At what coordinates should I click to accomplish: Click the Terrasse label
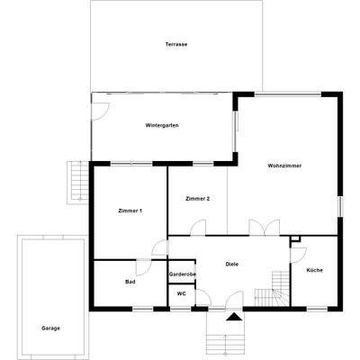[x=175, y=44]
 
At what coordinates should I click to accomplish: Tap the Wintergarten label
[x=162, y=125]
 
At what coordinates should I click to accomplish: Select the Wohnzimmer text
[x=283, y=166]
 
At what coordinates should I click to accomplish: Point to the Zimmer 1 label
[x=130, y=210]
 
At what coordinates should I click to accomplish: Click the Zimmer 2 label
[x=197, y=198]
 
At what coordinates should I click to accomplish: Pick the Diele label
[x=231, y=264]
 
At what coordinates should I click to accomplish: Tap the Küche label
[x=314, y=270]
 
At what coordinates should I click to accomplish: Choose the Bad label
[x=130, y=282]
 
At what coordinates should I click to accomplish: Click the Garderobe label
[x=183, y=274]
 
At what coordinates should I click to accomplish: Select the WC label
[x=181, y=293]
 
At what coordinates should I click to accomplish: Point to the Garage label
[x=50, y=328]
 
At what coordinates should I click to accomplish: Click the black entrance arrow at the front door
[x=234, y=317]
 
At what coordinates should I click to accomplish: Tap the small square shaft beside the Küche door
[x=294, y=240]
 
